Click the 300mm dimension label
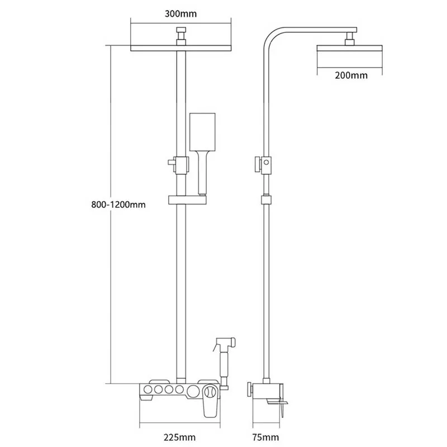coord(180,13)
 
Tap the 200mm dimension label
coord(351,75)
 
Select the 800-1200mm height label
coord(118,205)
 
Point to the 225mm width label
coord(179,437)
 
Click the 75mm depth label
coord(265,437)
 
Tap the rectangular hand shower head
coord(202,132)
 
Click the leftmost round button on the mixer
coord(148,389)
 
